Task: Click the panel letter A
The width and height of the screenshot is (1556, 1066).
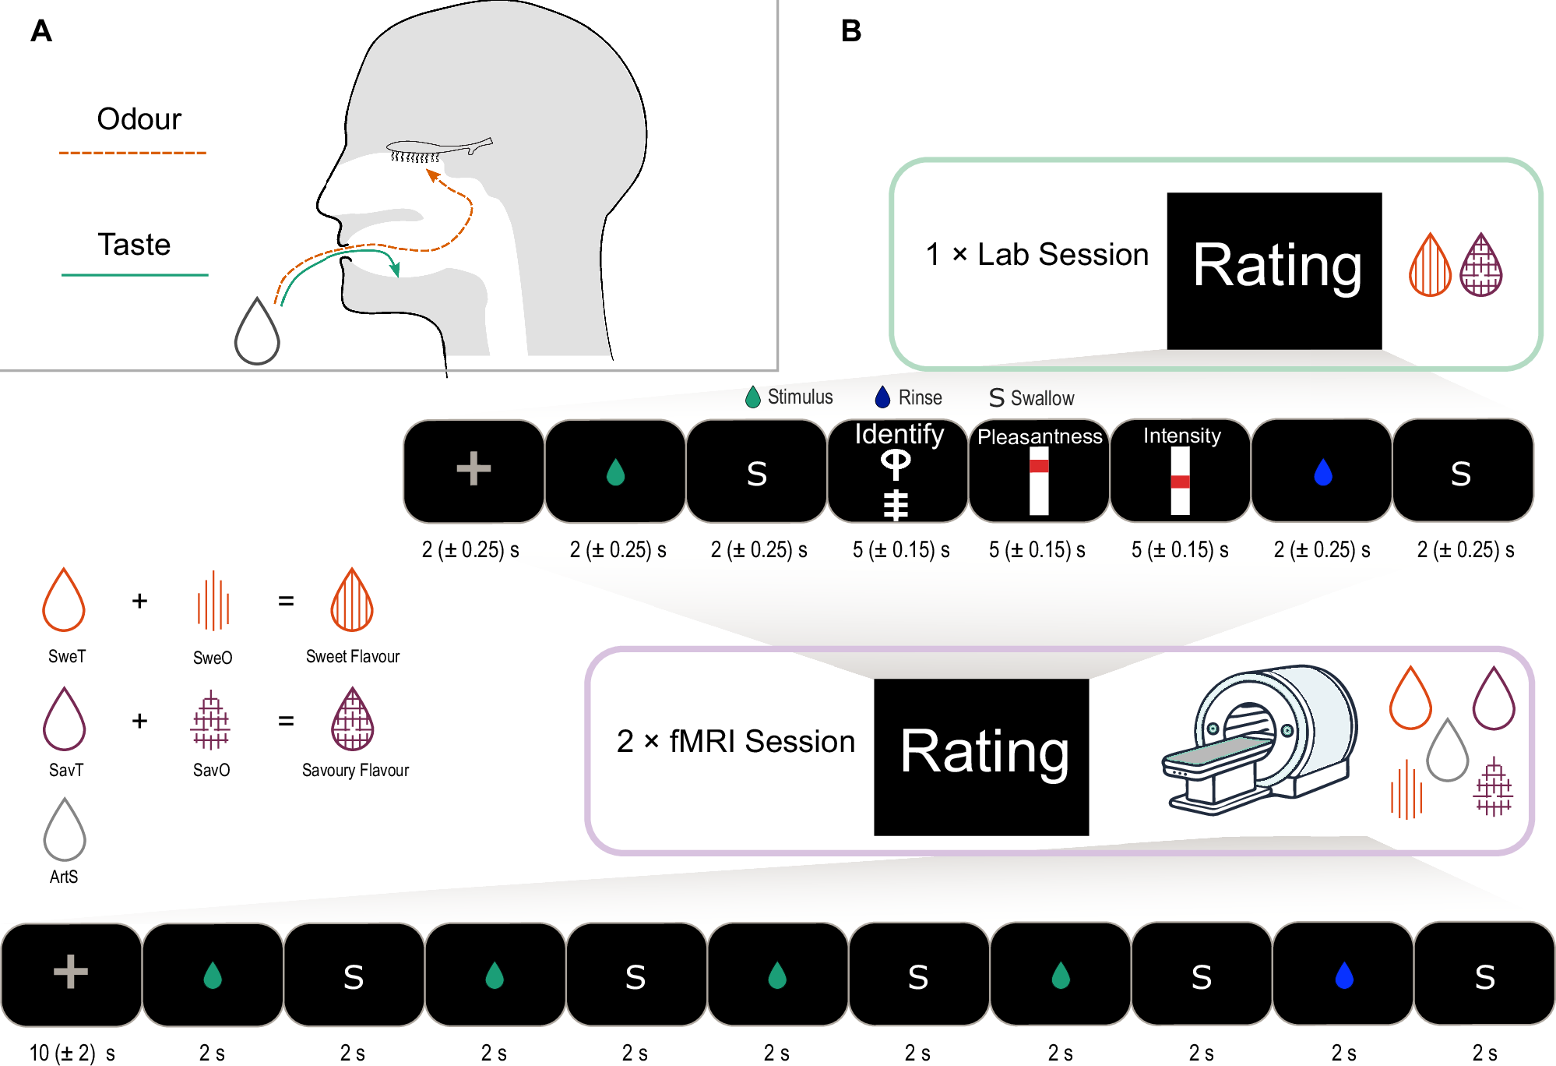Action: click(x=40, y=31)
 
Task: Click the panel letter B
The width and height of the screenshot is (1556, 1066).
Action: click(x=850, y=31)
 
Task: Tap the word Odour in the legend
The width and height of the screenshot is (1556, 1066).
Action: click(x=139, y=119)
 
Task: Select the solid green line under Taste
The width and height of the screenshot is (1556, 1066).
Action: click(x=135, y=275)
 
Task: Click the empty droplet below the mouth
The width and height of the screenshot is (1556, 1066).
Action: click(x=257, y=333)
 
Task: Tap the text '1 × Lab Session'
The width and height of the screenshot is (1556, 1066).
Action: click(x=1037, y=255)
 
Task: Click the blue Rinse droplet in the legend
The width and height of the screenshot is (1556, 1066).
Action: click(x=882, y=397)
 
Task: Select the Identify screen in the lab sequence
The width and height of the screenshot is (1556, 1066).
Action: click(x=897, y=471)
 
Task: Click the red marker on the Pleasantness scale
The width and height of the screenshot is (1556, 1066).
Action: click(x=1039, y=466)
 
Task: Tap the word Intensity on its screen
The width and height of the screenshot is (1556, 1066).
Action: click(x=1181, y=436)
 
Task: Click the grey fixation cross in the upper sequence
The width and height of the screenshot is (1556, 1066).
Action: click(x=473, y=469)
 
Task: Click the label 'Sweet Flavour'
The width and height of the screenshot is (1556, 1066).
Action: click(x=352, y=656)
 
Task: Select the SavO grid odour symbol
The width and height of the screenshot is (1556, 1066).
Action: click(x=210, y=720)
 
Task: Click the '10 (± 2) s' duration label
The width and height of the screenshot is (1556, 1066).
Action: click(x=72, y=1053)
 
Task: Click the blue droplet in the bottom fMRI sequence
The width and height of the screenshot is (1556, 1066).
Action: click(x=1343, y=975)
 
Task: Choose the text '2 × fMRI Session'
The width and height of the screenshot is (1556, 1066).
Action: click(x=735, y=741)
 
